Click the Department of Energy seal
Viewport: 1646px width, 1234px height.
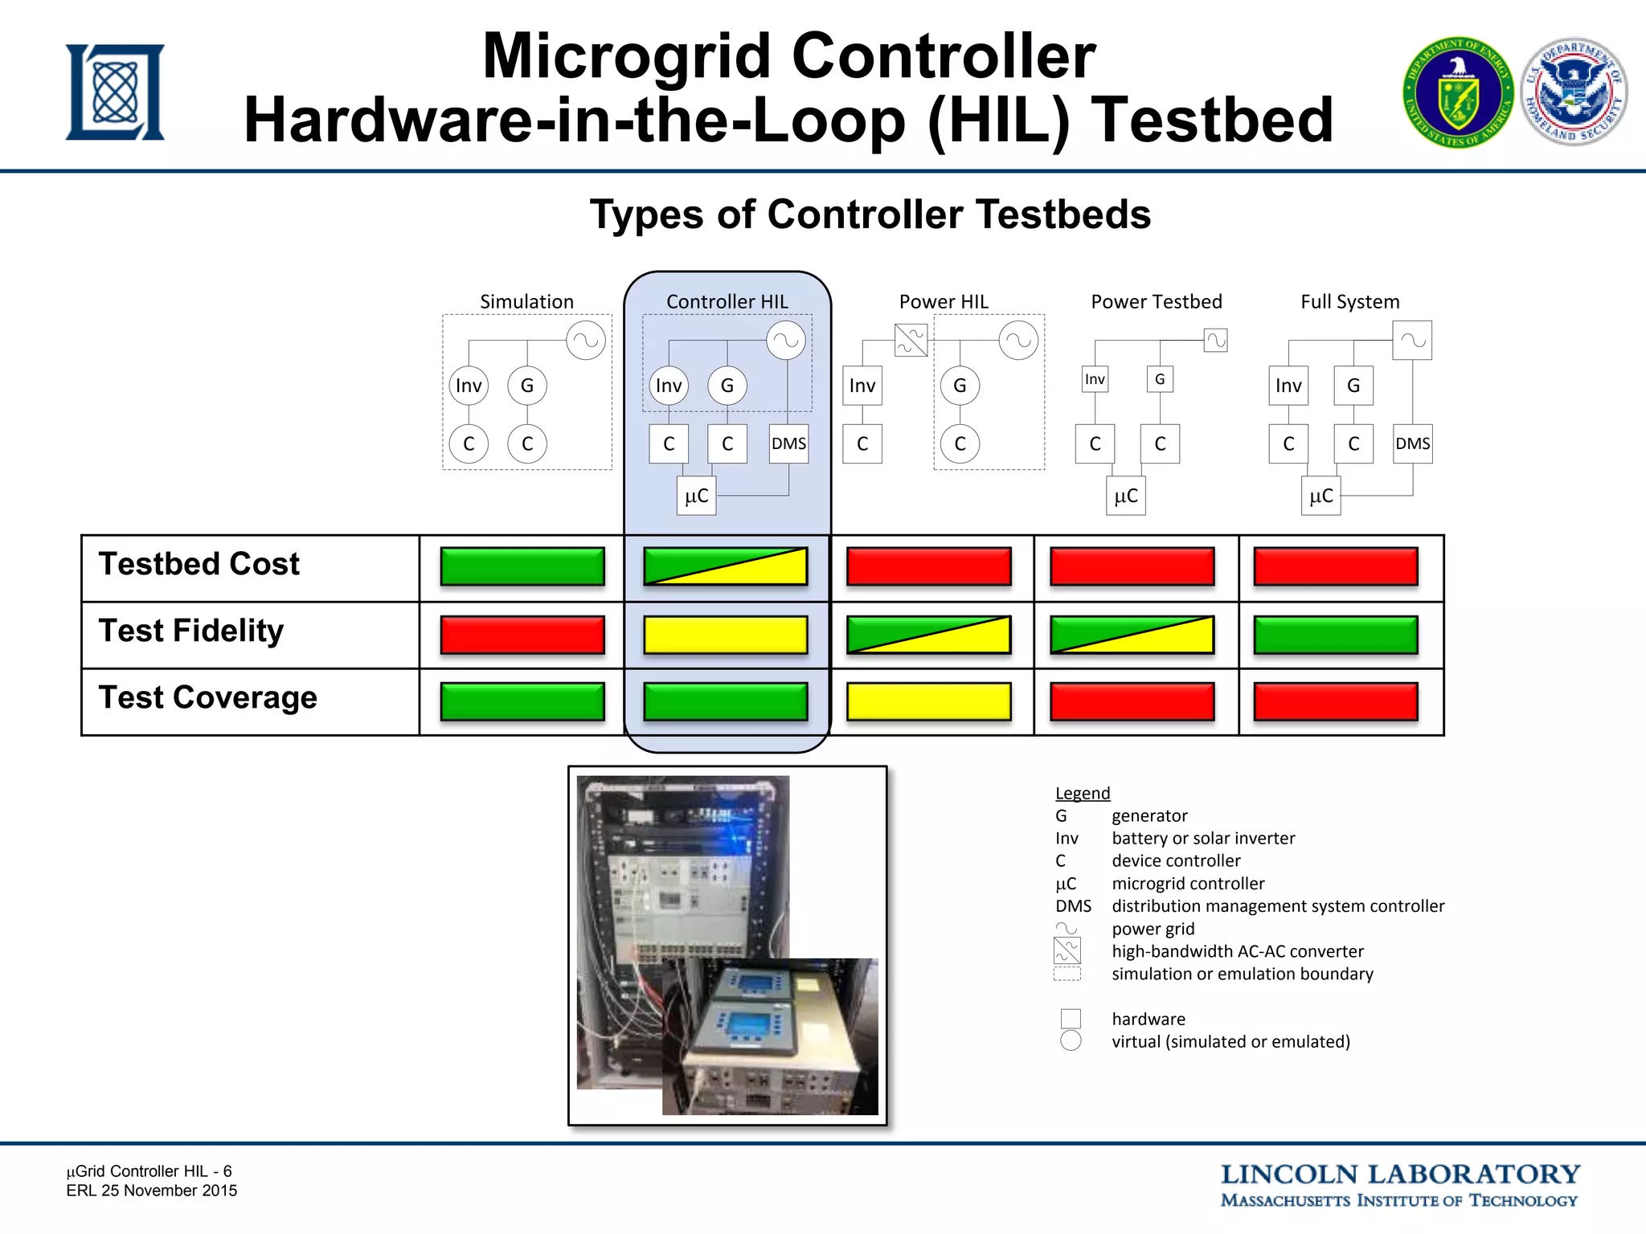[1458, 92]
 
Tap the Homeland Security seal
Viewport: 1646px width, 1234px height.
[1574, 92]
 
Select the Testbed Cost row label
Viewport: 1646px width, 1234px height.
[199, 564]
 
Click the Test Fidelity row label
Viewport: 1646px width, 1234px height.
[191, 631]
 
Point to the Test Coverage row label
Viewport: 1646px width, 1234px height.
[207, 697]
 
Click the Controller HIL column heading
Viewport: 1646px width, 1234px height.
[727, 301]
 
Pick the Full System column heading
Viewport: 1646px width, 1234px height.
[1349, 301]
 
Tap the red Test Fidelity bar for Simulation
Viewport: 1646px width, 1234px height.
[522, 635]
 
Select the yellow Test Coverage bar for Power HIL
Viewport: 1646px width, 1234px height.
[928, 701]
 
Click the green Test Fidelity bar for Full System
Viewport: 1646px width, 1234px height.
[1335, 635]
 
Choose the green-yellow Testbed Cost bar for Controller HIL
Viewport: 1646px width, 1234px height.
[726, 566]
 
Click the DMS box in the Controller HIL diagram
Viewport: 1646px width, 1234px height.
[788, 443]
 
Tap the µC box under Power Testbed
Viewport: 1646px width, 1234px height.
[1126, 496]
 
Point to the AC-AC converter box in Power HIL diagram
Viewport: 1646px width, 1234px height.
[911, 340]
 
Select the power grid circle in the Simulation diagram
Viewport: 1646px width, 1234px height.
[586, 340]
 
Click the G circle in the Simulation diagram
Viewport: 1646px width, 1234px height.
[527, 386]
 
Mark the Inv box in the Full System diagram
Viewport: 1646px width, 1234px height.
[1288, 386]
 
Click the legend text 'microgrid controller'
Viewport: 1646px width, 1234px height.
[1188, 884]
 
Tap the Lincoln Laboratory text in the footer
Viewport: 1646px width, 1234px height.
[1400, 1175]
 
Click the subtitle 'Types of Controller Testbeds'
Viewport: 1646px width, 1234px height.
[870, 215]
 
